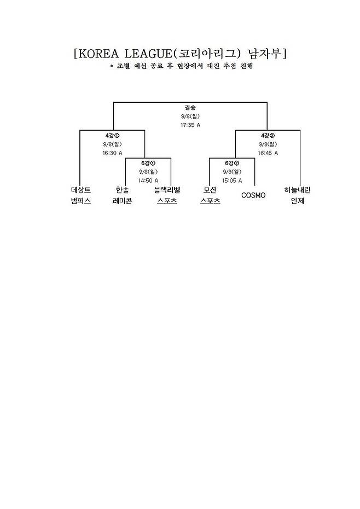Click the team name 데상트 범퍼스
click(80, 195)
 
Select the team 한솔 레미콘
click(123, 195)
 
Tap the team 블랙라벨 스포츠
click(167, 195)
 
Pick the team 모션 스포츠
click(210, 195)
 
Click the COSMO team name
click(253, 195)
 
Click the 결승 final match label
click(190, 107)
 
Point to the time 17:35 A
click(190, 125)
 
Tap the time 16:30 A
click(112, 153)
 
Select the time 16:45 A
click(268, 153)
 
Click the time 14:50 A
click(148, 180)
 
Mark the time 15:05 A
click(232, 180)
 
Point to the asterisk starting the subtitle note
click(111, 67)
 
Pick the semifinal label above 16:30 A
click(112, 135)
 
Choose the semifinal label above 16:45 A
click(268, 135)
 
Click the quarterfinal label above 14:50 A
click(148, 162)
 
